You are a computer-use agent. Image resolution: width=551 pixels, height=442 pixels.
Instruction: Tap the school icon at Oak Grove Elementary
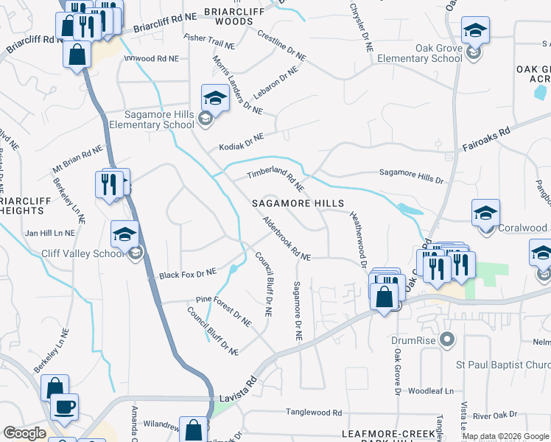coord(475,31)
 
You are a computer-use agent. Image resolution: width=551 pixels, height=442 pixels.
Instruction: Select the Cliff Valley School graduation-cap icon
coord(125,236)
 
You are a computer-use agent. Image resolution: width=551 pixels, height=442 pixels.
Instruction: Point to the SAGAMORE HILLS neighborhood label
coord(298,203)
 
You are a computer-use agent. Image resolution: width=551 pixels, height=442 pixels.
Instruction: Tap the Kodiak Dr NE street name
coord(241,141)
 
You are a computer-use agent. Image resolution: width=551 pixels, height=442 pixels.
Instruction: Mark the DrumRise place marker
coord(446,340)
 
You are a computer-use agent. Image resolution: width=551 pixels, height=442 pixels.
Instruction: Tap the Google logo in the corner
coord(24,433)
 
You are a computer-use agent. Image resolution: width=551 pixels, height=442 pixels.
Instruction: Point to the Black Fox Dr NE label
coord(188,274)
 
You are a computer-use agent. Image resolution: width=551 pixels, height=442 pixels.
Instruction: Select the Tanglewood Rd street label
coord(315,413)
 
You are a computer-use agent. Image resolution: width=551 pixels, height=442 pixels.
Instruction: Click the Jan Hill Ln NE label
coord(50,233)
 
